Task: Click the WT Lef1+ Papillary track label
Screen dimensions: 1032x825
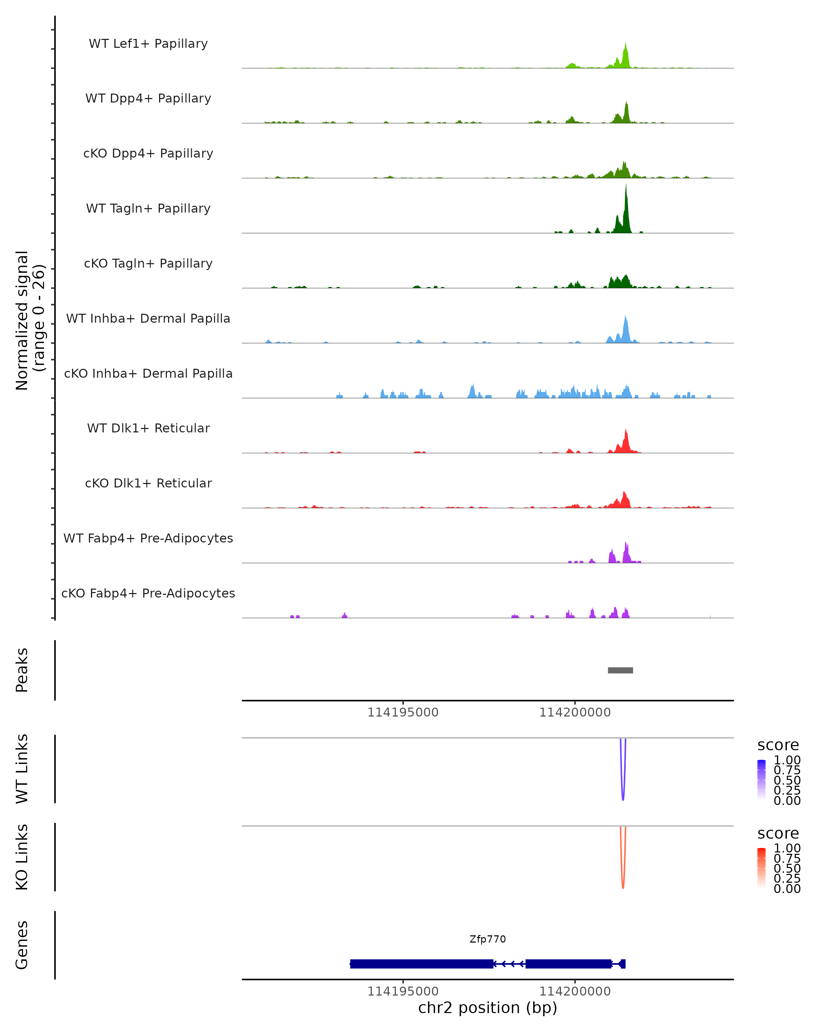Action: pyautogui.click(x=148, y=44)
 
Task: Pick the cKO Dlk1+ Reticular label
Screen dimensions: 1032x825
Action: pyautogui.click(x=148, y=483)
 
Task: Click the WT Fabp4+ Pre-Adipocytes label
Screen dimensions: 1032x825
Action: pyautogui.click(x=148, y=538)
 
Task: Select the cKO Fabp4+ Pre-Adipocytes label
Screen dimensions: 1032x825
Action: pyautogui.click(x=148, y=593)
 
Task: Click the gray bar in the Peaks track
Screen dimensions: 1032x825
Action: pyautogui.click(x=620, y=670)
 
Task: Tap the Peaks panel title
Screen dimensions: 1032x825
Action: pyautogui.click(x=22, y=670)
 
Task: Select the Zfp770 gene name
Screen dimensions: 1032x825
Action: pyautogui.click(x=487, y=939)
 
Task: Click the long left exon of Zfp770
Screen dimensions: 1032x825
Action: pyautogui.click(x=421, y=964)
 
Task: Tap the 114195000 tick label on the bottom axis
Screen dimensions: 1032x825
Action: pyautogui.click(x=403, y=991)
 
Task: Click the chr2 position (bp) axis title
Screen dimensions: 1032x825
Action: pyautogui.click(x=487, y=1008)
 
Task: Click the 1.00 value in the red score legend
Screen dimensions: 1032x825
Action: pyautogui.click(x=787, y=848)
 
